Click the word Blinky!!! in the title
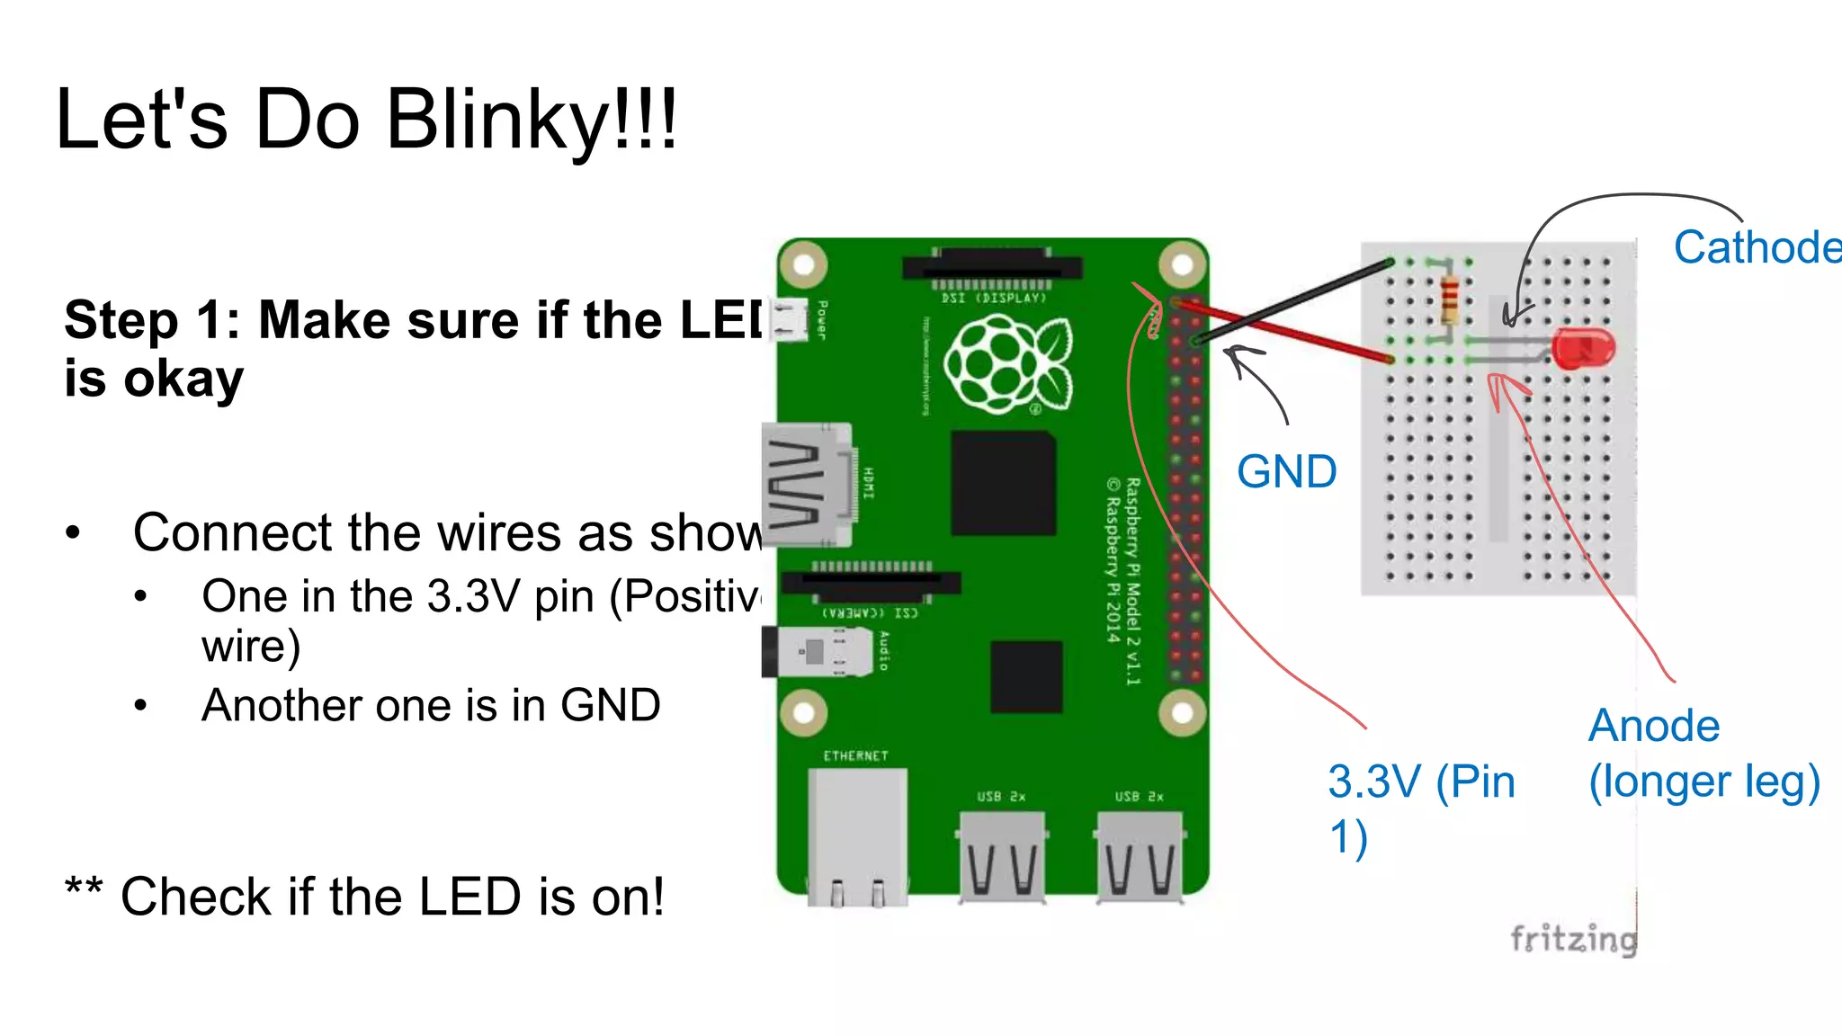click(531, 120)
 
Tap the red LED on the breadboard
click(1585, 349)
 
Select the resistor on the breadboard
click(1450, 299)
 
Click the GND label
click(1286, 472)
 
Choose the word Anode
click(1654, 726)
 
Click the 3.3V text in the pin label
click(1375, 781)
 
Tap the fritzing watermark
click(1573, 939)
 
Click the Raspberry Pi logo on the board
click(1008, 364)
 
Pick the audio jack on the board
click(817, 652)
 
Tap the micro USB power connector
click(789, 320)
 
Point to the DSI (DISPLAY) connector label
click(994, 298)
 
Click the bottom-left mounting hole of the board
click(803, 713)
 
